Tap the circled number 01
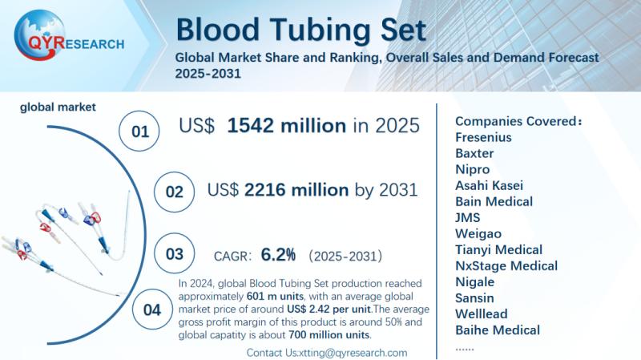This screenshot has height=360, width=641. (141, 131)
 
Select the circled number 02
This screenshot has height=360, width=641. (173, 193)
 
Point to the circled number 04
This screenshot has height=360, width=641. (151, 310)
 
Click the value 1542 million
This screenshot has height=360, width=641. (286, 125)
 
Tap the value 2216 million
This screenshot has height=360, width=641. (296, 189)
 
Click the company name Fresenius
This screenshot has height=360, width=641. (483, 137)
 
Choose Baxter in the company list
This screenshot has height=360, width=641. (474, 153)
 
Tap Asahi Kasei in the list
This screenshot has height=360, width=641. (490, 185)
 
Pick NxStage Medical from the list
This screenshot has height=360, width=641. (506, 265)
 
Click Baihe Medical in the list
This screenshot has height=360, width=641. (497, 330)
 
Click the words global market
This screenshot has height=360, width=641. (58, 106)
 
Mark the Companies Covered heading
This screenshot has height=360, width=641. (518, 120)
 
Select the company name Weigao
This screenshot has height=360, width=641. (478, 233)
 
